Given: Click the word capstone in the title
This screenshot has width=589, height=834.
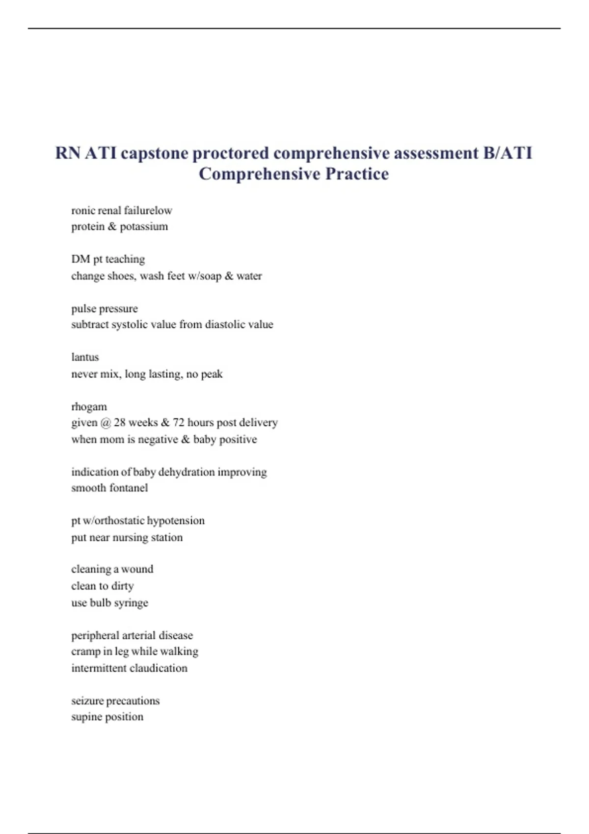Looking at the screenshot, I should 154,154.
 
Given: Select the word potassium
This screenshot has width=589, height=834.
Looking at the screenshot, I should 144,227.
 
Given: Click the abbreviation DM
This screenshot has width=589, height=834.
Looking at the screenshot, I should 80,259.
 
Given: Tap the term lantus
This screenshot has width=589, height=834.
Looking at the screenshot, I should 85,357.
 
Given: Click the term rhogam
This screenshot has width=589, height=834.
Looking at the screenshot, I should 89,407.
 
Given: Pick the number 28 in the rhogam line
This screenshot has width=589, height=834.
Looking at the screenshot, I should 120,422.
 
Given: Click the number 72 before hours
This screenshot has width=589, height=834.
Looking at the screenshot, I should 179,422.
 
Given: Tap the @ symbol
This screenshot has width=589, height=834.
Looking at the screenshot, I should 105,423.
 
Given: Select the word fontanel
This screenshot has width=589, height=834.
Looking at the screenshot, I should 129,488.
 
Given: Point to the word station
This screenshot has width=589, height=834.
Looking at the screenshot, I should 167,538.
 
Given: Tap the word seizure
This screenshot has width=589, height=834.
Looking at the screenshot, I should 87,701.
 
